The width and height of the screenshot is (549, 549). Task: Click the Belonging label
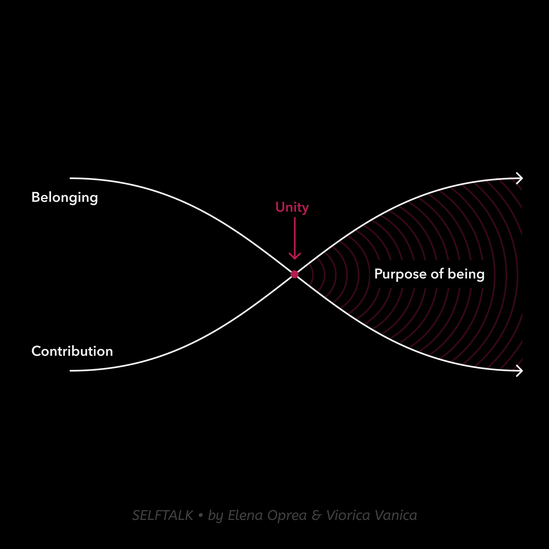point(65,198)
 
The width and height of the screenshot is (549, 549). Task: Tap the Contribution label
point(72,351)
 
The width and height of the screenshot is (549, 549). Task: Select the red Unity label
point(292,208)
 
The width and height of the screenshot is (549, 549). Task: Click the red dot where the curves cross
point(295,274)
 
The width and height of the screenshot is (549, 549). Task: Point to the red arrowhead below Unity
point(295,256)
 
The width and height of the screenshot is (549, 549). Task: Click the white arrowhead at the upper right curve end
point(519,178)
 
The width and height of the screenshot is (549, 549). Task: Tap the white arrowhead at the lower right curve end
point(519,371)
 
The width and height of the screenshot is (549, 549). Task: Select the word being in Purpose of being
point(466,274)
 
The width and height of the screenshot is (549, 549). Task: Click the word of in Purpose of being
point(437,274)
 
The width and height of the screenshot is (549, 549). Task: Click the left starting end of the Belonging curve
point(70,178)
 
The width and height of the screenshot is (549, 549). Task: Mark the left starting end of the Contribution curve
point(70,371)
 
